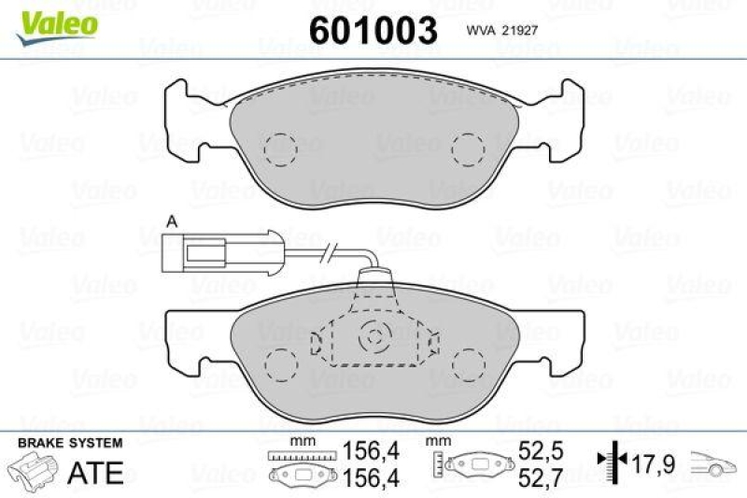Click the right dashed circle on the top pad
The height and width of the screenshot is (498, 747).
[466, 148]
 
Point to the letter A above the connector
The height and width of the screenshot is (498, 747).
[171, 221]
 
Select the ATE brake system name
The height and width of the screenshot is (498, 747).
[95, 472]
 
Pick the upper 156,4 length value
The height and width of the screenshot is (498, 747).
[372, 451]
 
